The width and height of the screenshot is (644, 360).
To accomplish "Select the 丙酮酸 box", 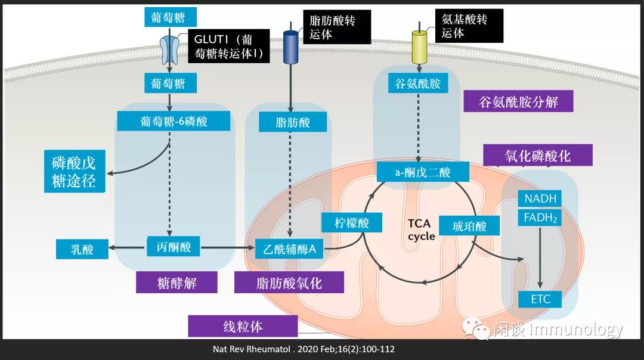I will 174,246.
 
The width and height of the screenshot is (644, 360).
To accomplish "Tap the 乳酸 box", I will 83,249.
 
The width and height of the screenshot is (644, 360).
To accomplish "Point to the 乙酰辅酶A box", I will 289,249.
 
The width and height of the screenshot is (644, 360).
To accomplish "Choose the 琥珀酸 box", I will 469,226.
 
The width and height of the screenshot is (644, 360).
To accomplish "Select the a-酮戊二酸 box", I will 423,172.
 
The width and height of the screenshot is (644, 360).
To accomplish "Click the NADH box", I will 540,198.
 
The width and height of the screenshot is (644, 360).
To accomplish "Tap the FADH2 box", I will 540,218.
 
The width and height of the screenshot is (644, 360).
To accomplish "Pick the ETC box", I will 540,299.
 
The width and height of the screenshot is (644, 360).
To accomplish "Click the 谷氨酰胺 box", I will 417,83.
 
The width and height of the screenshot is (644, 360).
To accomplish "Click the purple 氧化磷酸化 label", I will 537,156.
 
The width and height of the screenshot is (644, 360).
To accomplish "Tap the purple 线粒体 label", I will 243,327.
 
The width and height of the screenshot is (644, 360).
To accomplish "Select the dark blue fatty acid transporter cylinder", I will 290,47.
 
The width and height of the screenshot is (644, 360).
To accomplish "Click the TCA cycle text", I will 421,229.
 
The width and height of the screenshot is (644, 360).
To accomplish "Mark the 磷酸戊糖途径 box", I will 74,172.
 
